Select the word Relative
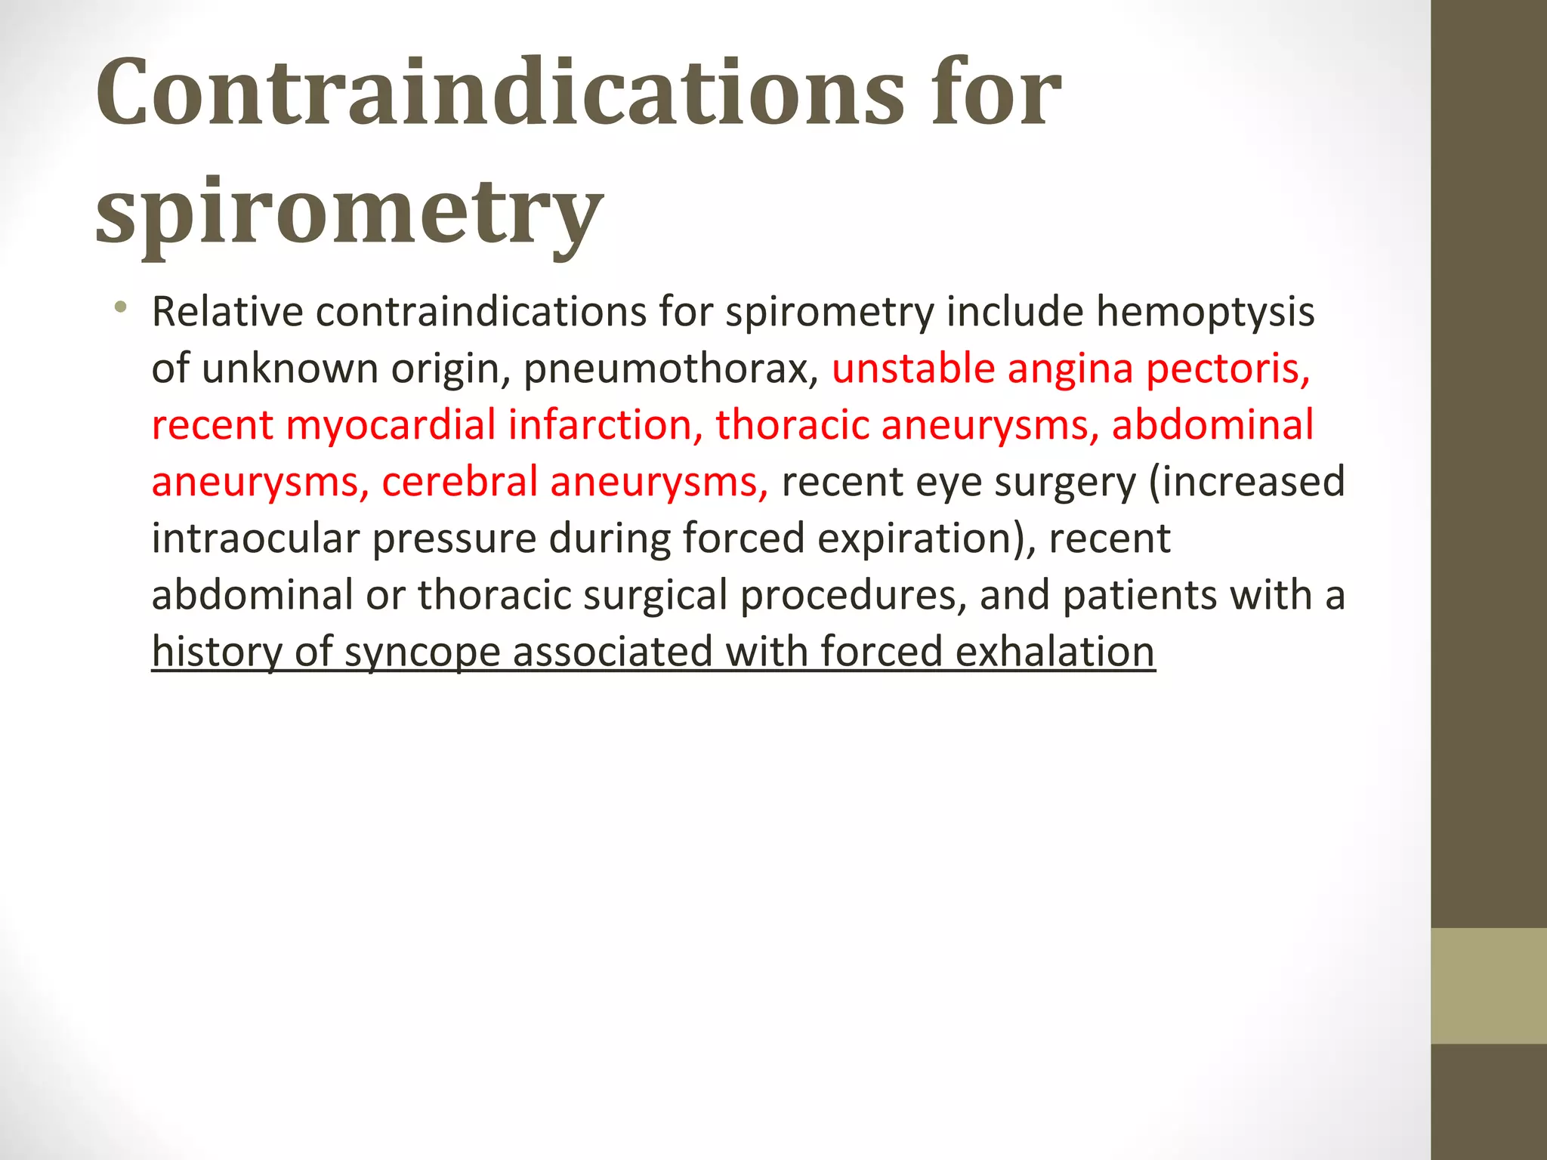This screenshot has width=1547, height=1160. (227, 311)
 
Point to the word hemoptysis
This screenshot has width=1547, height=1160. (1205, 313)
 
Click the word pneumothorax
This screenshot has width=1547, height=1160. (671, 369)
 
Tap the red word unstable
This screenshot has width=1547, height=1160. (912, 369)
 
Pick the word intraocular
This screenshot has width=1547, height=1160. (255, 538)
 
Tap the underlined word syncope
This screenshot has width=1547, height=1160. (421, 653)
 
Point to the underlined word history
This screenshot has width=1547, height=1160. (217, 653)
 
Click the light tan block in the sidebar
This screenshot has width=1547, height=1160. (1488, 985)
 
